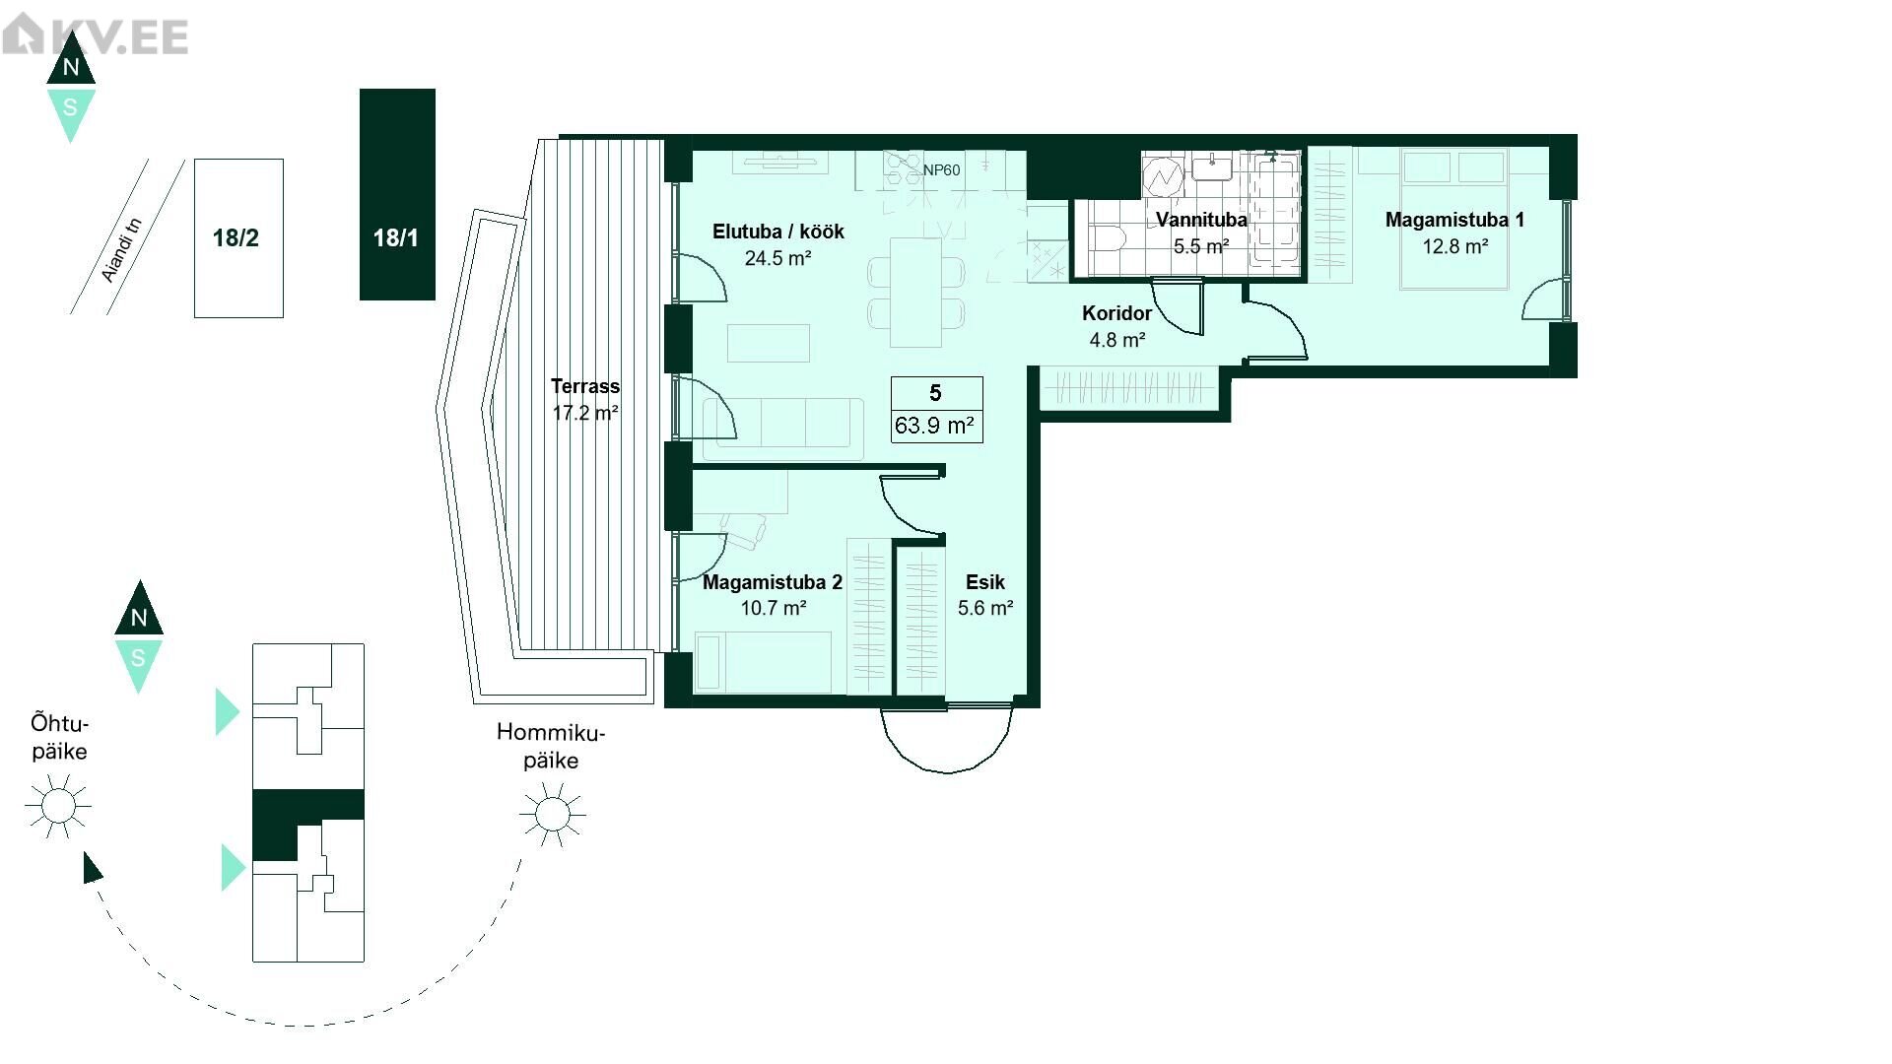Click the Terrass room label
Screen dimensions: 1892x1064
point(585,386)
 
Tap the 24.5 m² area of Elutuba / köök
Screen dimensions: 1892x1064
point(777,258)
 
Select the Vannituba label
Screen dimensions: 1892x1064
point(1201,220)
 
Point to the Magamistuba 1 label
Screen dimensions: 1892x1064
point(1454,220)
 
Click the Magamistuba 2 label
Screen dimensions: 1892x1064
point(773,582)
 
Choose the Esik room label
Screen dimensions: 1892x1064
point(985,582)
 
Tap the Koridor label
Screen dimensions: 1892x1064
point(1116,313)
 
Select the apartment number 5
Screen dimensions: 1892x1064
point(935,393)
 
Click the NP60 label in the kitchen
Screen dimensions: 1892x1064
point(941,169)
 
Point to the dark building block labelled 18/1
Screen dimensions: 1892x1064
point(397,194)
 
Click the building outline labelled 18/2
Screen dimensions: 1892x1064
point(238,238)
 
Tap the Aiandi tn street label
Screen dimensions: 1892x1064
point(122,250)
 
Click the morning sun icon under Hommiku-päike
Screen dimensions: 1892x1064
point(552,814)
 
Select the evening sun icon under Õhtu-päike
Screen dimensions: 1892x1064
point(58,806)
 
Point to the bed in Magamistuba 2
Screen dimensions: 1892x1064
point(763,661)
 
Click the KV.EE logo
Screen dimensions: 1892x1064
point(96,36)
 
